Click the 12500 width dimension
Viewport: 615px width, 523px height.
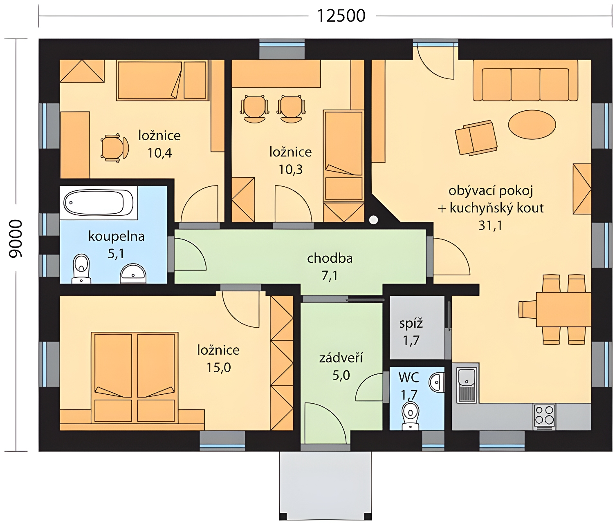click(341, 16)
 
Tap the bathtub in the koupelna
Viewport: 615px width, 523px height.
click(99, 203)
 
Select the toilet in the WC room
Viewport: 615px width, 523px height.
click(410, 416)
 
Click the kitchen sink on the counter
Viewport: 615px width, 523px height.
click(467, 385)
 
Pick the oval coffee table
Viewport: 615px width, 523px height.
click(532, 125)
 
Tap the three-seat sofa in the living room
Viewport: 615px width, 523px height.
click(525, 80)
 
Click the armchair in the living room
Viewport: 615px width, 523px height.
click(476, 138)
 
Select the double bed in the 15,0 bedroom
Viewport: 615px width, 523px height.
click(135, 377)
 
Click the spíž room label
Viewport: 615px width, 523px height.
click(411, 324)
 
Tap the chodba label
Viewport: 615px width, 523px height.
click(330, 258)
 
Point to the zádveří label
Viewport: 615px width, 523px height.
click(341, 358)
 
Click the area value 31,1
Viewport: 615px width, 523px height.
click(490, 226)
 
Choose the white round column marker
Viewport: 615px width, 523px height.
click(373, 220)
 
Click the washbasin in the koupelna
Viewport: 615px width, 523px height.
click(133, 273)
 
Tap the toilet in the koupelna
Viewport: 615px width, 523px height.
click(81, 268)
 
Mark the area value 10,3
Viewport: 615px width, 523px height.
click(290, 170)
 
